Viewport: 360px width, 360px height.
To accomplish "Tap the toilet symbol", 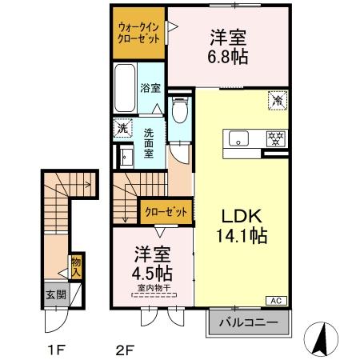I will tap(180, 109).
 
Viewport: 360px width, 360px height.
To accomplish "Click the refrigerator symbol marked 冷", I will tap(277, 101).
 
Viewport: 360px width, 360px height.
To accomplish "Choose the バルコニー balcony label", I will tap(250, 322).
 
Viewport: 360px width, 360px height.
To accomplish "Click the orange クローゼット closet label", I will tap(166, 212).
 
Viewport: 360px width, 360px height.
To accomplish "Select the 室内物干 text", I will tap(153, 288).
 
